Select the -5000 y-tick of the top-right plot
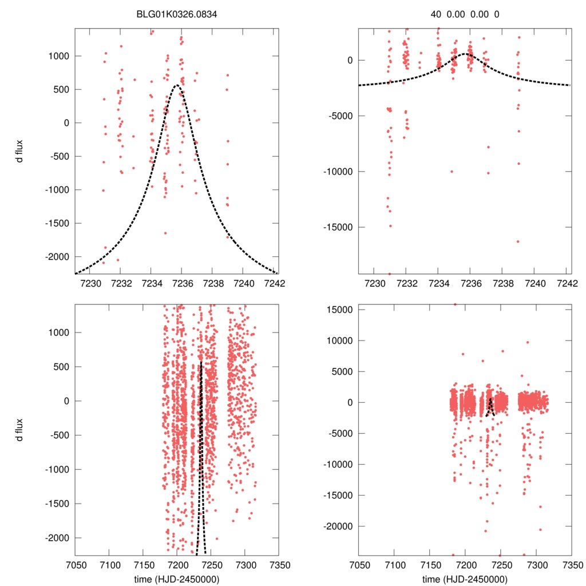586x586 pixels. coord(339,116)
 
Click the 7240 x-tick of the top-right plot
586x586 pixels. coord(536,283)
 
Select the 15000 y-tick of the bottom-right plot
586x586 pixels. coord(339,310)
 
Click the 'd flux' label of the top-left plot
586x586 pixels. coord(20,151)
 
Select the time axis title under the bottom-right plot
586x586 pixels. coord(465,579)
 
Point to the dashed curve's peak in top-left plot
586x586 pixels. coord(177,85)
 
